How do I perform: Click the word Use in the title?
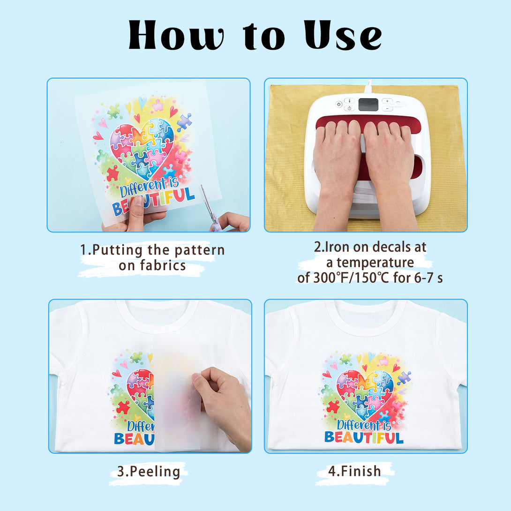tap(343, 35)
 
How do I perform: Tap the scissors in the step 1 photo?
tap(210, 208)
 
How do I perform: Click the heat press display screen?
tap(368, 105)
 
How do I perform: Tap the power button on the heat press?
tap(339, 104)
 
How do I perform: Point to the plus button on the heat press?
tap(387, 101)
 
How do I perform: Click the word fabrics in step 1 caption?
tap(163, 266)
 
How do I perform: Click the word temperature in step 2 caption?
tap(375, 263)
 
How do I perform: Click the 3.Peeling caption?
tap(149, 472)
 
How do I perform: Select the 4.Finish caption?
tap(354, 471)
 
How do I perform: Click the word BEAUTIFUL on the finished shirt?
tap(364, 437)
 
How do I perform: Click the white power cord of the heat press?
tap(368, 87)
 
